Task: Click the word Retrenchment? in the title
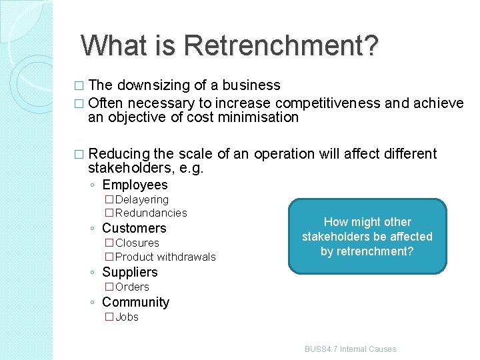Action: coord(281,45)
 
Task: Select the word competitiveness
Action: coord(327,103)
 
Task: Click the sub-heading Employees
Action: coord(135,185)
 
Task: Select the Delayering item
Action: coord(142,199)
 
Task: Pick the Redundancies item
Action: coord(151,213)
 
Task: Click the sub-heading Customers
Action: coord(134,228)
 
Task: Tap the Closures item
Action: coord(137,243)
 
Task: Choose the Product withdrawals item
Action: coord(165,257)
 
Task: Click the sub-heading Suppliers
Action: coord(130,272)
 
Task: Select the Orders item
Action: coord(132,287)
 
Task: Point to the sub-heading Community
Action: coord(135,302)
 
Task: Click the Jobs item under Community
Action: coord(127,317)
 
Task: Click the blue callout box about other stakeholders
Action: coord(367,237)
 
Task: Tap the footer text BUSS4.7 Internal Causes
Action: coord(350,349)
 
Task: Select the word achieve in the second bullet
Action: coord(438,103)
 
